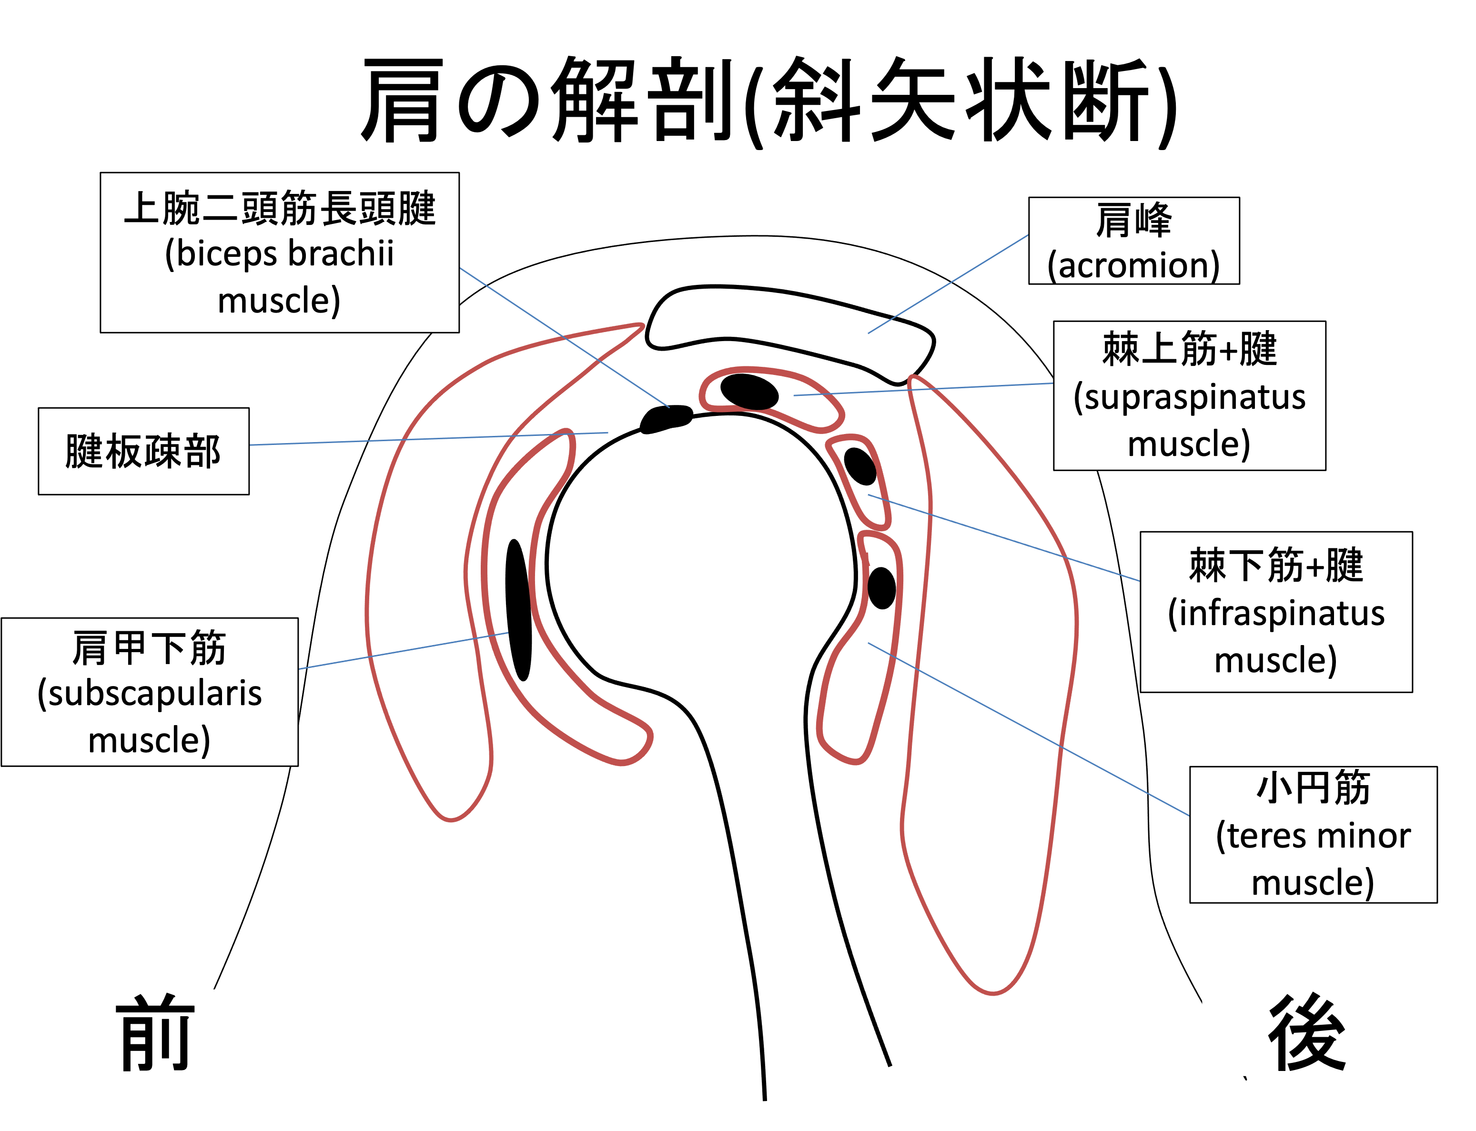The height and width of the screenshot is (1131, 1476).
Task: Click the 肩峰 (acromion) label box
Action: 1133,240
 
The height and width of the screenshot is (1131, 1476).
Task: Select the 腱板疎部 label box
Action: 143,451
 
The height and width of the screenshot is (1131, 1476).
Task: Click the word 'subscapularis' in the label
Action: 150,693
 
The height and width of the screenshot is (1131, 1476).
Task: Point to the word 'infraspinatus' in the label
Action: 1276,613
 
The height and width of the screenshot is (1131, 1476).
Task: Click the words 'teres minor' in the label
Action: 1313,836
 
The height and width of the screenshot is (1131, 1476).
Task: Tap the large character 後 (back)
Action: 1307,1033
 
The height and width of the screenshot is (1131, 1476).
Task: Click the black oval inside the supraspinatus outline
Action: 749,392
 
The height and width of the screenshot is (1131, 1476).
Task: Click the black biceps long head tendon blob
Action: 666,419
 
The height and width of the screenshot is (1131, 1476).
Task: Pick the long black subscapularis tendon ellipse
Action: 518,610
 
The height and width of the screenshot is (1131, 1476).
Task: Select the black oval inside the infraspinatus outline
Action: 860,466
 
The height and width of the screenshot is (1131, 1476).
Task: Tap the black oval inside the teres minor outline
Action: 882,588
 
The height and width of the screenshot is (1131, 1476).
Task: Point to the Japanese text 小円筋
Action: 1313,788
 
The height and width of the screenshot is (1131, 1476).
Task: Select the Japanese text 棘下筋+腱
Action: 1276,565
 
